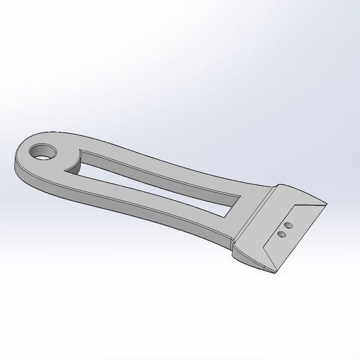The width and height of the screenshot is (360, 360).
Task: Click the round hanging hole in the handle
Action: tap(45, 151)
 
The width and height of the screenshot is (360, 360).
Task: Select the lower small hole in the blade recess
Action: tap(281, 235)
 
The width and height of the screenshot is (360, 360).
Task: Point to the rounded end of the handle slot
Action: tap(78, 159)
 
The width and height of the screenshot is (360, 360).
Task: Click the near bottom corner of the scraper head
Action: tap(277, 269)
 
